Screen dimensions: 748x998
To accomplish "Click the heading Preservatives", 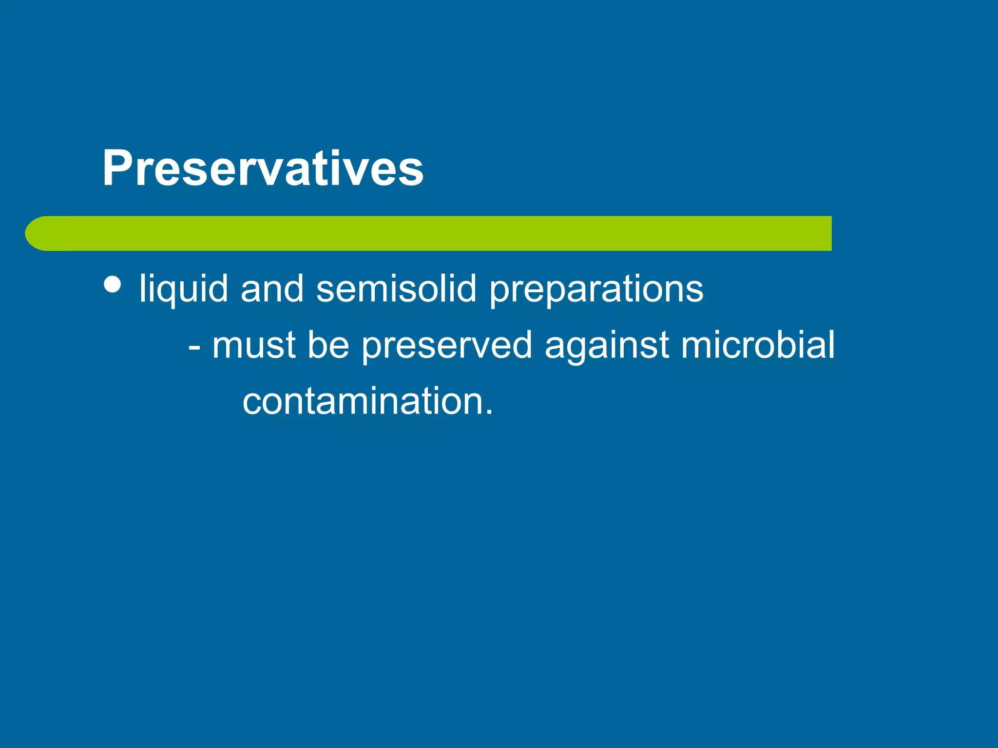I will [x=263, y=168].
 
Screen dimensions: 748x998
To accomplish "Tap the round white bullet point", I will [x=113, y=284].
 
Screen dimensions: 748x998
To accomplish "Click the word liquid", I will [x=184, y=289].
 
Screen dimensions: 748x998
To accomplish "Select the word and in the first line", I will [x=272, y=289].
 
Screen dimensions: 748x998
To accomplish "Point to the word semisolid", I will [x=396, y=289].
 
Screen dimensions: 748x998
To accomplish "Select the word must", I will [x=254, y=345].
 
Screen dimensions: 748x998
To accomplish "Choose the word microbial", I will [x=757, y=345].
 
